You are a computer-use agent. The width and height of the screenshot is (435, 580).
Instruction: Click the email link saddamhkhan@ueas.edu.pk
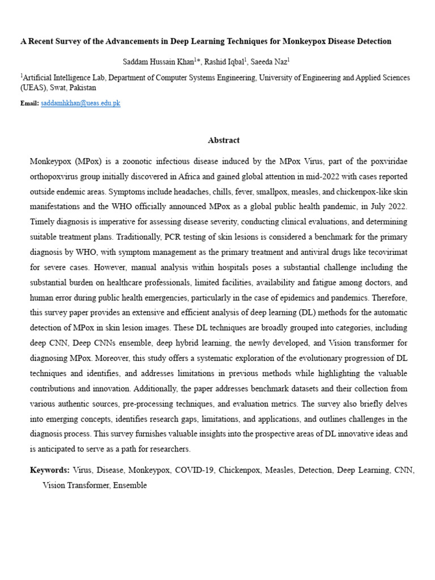click(80, 104)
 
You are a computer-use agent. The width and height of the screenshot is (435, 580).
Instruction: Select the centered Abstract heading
click(224, 140)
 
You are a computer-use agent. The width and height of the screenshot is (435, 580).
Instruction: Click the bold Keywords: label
click(50, 470)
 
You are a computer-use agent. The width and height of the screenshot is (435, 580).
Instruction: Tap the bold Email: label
click(29, 104)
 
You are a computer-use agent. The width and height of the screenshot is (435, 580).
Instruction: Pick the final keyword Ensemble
click(130, 485)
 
